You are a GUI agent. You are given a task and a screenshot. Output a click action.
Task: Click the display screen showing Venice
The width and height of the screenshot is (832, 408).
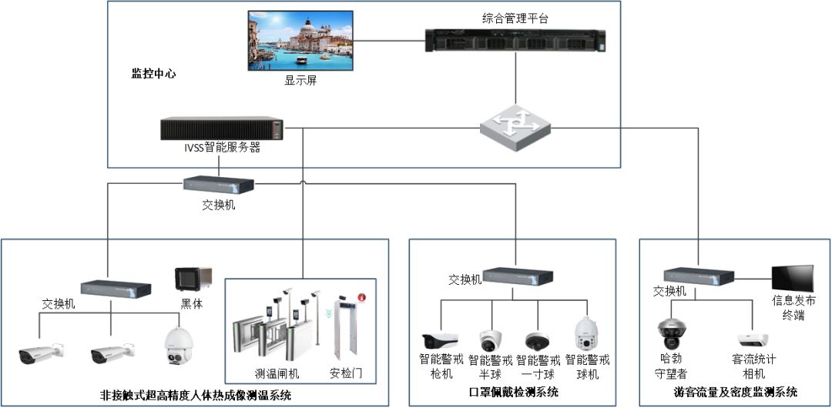coord(300,41)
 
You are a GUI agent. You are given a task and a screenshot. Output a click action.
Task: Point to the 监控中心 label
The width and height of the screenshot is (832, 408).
coord(153,74)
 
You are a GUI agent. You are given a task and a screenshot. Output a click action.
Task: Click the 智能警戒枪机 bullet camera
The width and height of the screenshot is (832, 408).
coord(440,339)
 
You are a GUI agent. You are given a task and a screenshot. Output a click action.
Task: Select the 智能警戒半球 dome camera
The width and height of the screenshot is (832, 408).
coord(490,339)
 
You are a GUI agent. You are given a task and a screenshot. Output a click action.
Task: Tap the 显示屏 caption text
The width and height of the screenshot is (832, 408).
coord(300,80)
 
